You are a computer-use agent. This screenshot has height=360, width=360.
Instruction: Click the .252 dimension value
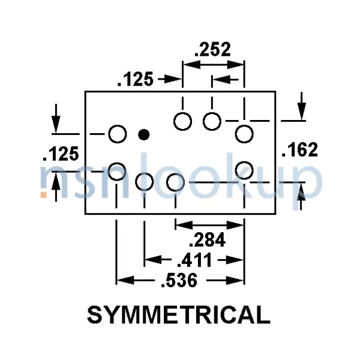coord(212,49)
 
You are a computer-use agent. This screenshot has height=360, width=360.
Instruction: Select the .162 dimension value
coord(299,149)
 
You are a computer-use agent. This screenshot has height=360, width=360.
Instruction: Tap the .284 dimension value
coord(207,239)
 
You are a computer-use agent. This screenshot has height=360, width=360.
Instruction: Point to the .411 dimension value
coord(194,260)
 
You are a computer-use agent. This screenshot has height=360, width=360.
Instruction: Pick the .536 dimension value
coord(179,280)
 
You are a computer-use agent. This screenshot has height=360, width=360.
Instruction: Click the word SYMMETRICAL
coord(179,315)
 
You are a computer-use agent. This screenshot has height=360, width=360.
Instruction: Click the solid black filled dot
coord(144,134)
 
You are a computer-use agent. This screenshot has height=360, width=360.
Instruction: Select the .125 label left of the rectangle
coord(61,154)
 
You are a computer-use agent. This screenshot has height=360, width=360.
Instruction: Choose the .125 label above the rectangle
coord(135,79)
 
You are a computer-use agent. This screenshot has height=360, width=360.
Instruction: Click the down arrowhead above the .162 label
coord(301,112)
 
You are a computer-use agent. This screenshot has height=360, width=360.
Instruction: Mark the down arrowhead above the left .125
coord(56,125)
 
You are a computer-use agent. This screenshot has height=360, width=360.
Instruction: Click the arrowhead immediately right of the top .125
coord(173,79)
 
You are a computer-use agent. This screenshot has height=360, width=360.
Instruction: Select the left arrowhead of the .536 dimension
coord(125,280)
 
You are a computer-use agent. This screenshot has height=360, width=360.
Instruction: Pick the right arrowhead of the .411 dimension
coord(235,260)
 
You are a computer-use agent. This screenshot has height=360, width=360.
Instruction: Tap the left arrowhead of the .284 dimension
coord(184,225)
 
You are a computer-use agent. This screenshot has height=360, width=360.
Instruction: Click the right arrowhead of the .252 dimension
coord(235,65)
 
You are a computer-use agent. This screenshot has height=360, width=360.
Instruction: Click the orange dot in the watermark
coord(44,194)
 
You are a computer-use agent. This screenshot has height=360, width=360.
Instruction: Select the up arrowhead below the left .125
coord(56,181)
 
